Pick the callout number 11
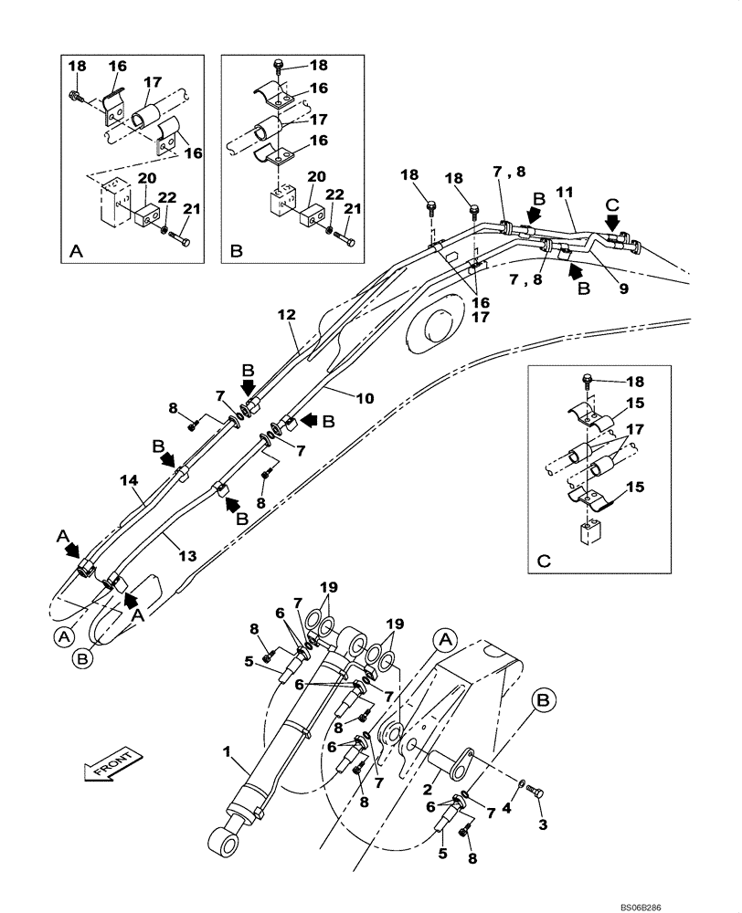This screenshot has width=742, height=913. tap(565, 194)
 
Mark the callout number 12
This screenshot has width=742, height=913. tap(286, 315)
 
